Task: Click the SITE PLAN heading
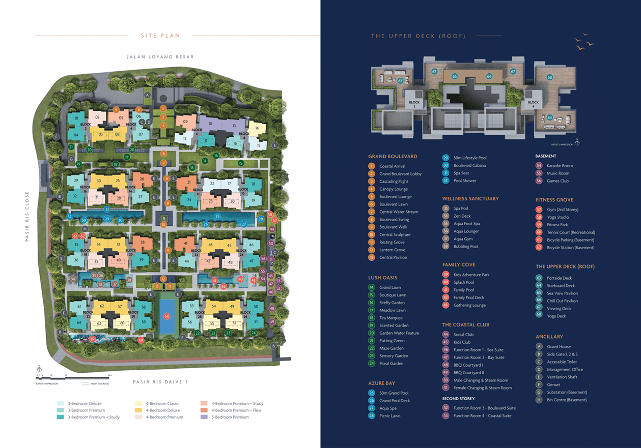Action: pos(160,36)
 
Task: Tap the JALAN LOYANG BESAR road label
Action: pos(160,57)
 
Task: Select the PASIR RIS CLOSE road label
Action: pos(27,216)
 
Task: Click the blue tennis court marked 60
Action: pos(166,316)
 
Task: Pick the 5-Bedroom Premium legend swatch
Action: pos(204,417)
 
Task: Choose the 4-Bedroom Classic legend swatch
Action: pos(138,404)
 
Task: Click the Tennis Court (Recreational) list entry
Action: pos(571,232)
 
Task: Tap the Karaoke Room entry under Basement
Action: pos(560,166)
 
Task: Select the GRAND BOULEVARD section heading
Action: pos(393,157)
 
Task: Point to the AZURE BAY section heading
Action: pos(382,383)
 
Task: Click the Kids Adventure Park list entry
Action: pos(471,275)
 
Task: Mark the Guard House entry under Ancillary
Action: pos(559,347)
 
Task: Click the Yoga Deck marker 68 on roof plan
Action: pos(550,77)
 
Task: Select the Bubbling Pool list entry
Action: pos(466,247)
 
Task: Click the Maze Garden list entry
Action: pos(391,348)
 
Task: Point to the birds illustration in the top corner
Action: pos(584,42)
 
